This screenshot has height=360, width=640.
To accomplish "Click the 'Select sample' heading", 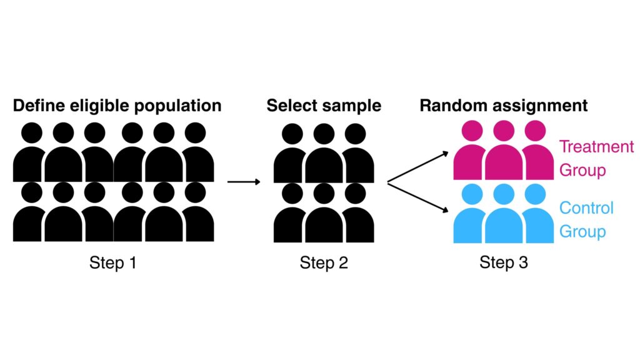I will click(x=323, y=105).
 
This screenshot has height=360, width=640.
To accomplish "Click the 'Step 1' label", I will click(x=112, y=263).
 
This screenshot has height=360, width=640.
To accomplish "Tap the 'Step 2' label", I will click(x=323, y=263).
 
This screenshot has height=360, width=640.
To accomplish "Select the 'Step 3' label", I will click(x=503, y=262).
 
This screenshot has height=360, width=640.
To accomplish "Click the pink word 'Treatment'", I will click(x=596, y=147).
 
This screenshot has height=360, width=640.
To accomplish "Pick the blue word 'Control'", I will click(x=586, y=207).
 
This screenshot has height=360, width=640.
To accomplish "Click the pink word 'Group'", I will click(x=582, y=170).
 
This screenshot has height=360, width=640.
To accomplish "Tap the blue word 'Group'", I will click(x=582, y=231).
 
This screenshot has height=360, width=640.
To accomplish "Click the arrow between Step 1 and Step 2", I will click(x=243, y=182).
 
